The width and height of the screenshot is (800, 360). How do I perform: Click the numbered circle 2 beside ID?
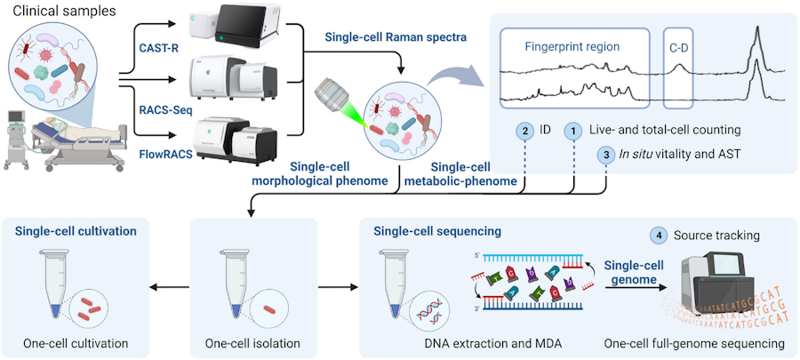(526, 130)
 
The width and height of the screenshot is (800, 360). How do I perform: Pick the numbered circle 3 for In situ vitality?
(606, 154)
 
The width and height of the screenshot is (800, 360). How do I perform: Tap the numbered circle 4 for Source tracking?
(658, 235)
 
